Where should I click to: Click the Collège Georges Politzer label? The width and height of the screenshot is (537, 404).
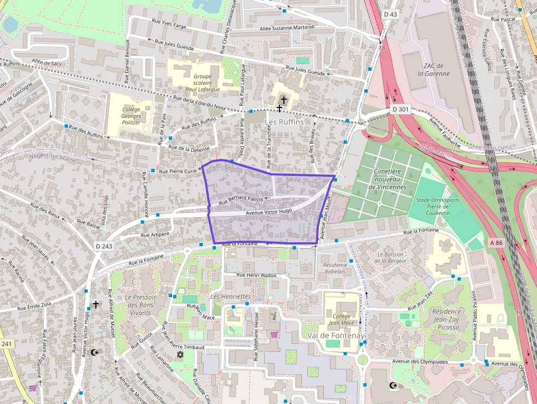[131, 116]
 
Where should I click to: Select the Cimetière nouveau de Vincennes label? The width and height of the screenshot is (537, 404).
[387, 179]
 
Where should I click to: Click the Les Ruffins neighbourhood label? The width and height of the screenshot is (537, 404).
[284, 122]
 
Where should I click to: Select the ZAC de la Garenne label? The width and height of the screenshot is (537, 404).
[433, 70]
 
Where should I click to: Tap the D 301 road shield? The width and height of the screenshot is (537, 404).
[401, 110]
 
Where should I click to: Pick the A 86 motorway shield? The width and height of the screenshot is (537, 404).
[496, 242]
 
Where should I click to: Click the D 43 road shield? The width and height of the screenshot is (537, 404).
[390, 14]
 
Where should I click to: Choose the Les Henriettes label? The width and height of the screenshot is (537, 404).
[231, 297]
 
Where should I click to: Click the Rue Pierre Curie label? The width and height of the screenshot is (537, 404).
[178, 172]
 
